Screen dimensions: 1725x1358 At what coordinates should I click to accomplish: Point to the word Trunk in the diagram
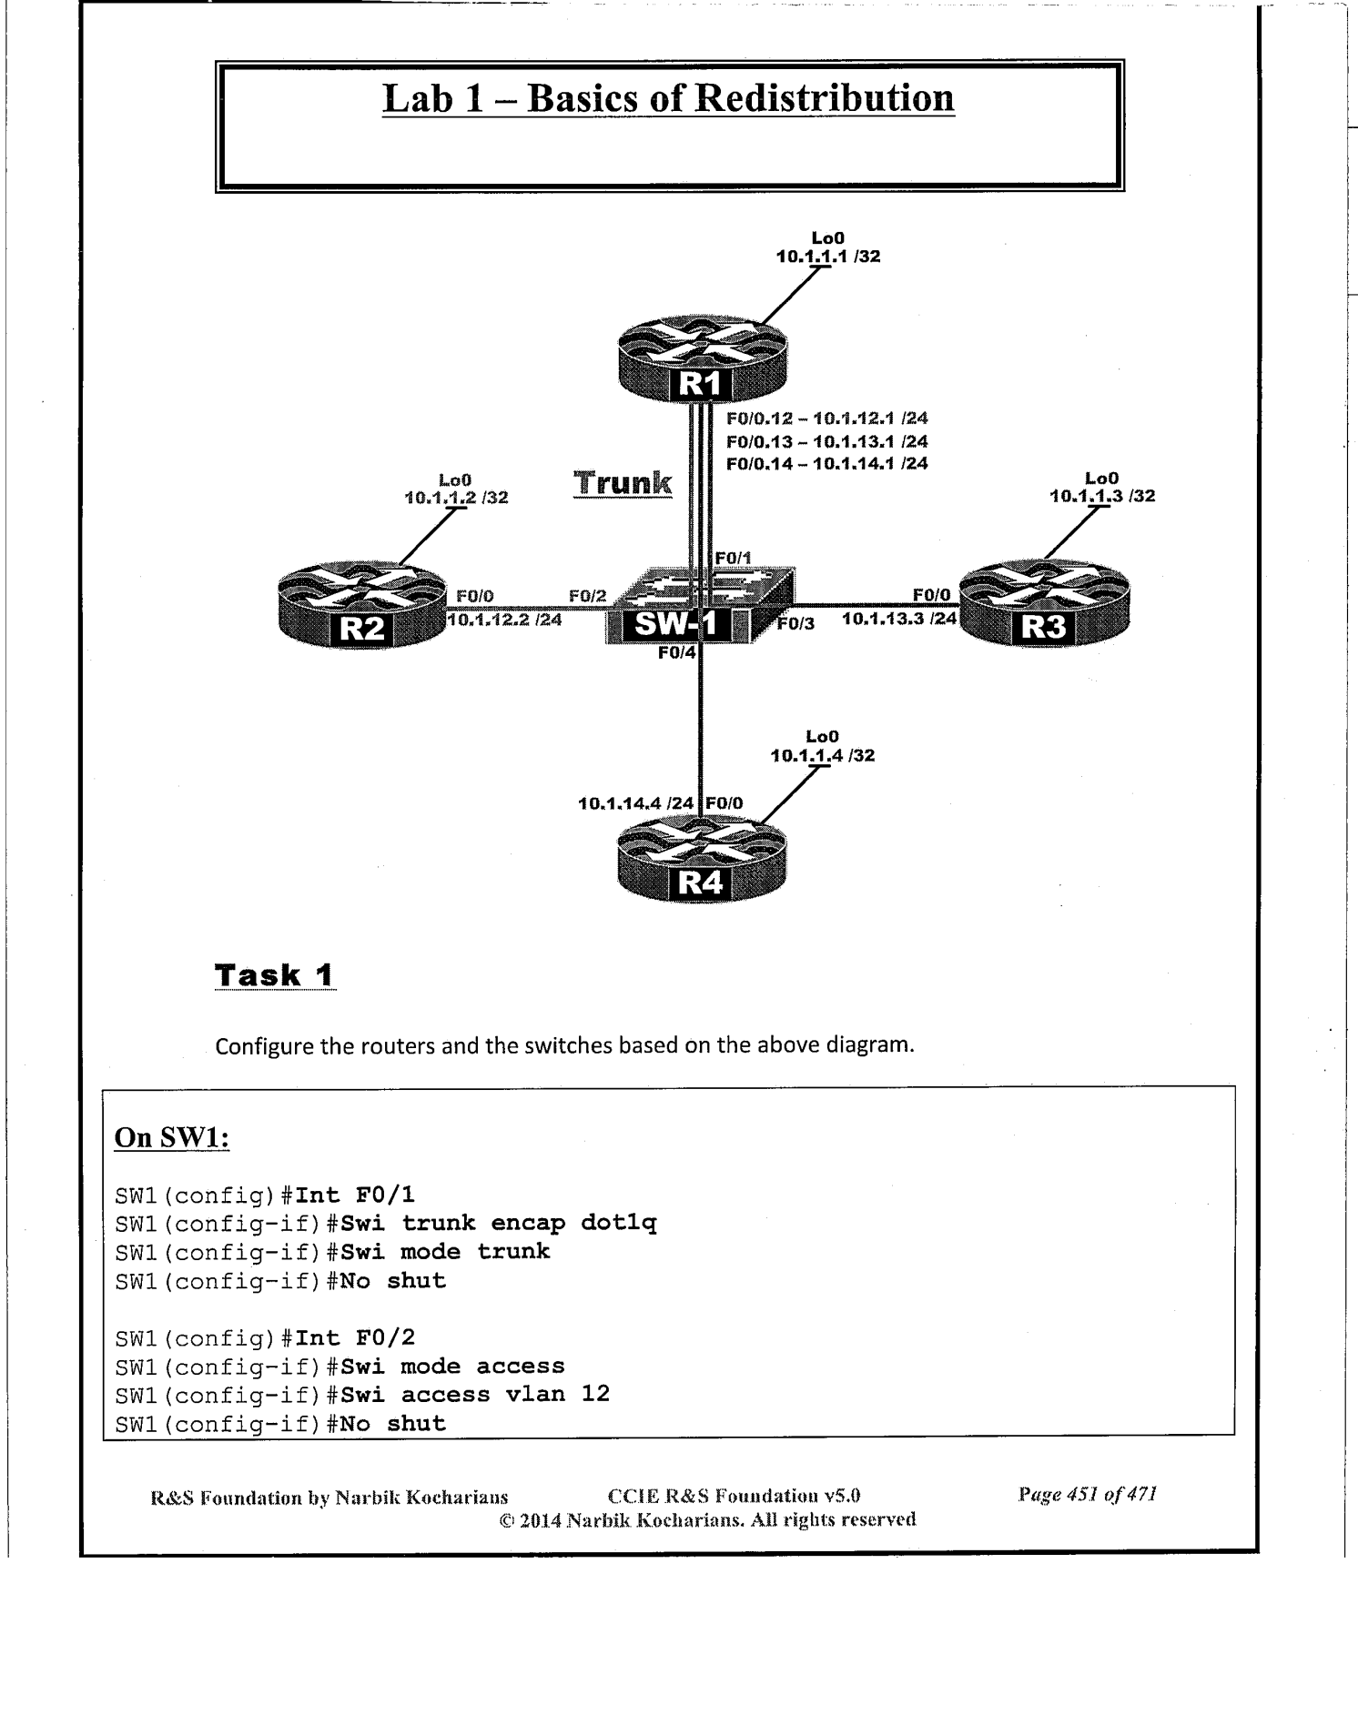click(623, 482)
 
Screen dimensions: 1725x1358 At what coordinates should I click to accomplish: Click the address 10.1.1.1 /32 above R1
click(827, 257)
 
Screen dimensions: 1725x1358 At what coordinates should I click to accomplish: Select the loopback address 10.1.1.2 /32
click(455, 498)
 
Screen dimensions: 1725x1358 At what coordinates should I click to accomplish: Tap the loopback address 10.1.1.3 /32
click(1102, 496)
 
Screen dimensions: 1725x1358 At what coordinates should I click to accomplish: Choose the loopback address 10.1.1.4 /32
click(822, 755)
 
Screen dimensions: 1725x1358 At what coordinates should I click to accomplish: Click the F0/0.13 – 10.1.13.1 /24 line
click(826, 441)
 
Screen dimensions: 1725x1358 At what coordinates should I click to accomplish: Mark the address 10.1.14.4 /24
click(636, 803)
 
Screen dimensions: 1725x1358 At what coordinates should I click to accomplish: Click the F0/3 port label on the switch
click(796, 623)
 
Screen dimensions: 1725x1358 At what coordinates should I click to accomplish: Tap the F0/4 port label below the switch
click(676, 652)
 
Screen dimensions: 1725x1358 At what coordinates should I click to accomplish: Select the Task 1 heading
click(274, 975)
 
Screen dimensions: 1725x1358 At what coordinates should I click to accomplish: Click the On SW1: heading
click(172, 1138)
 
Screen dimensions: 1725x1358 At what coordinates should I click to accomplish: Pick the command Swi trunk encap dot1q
click(499, 1223)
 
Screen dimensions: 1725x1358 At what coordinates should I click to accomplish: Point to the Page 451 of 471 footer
click(1087, 1494)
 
